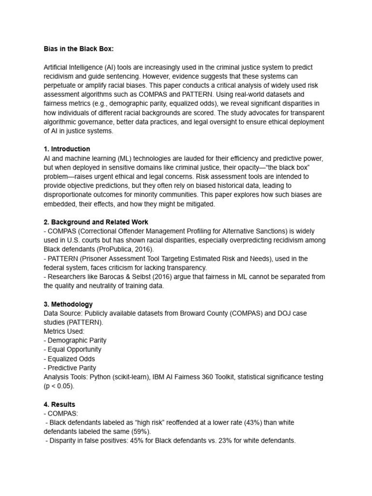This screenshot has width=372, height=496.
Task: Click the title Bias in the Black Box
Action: point(78,49)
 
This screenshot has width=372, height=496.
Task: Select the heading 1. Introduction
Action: point(66,149)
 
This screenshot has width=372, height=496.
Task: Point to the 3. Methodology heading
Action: point(68,304)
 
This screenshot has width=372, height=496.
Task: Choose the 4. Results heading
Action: point(59,404)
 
